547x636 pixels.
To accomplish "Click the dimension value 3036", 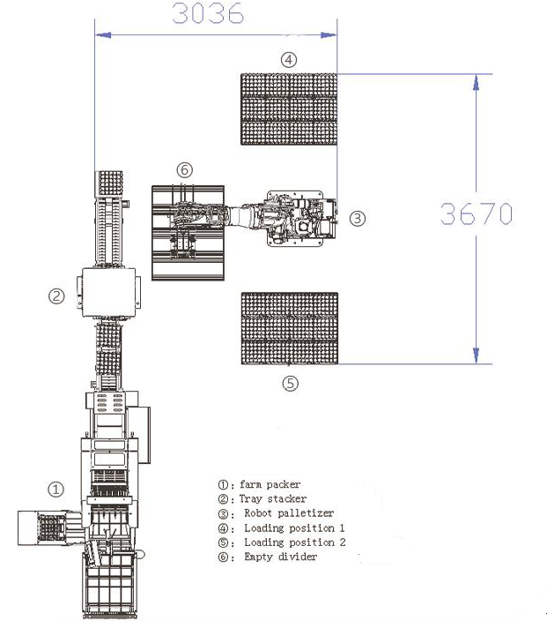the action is tap(208, 13).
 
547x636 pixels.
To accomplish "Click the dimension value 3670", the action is tap(477, 213).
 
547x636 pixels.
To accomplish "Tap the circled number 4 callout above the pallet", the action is tap(289, 60).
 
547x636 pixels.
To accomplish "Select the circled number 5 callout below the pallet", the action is tap(290, 384).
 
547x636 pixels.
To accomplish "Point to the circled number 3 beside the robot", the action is tap(357, 219).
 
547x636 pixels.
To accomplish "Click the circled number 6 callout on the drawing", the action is tap(185, 169).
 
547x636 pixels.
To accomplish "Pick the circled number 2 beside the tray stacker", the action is tap(56, 296).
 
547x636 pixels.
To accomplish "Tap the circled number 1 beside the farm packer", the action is tap(55, 490).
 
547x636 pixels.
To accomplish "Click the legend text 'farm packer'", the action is tap(270, 484).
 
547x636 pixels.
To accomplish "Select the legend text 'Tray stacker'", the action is tap(273, 498).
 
